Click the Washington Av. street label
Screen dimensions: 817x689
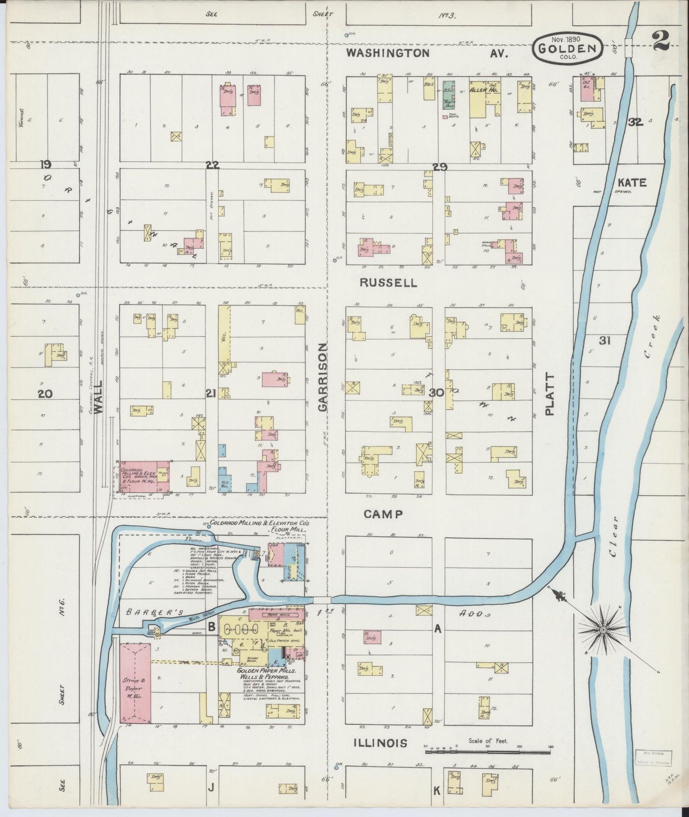pos(426,53)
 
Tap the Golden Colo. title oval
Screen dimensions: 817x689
pos(567,48)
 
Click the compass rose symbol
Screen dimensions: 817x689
pos(603,630)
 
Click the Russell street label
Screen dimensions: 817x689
pos(388,282)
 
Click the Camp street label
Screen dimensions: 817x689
pos(383,514)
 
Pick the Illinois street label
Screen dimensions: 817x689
pos(380,743)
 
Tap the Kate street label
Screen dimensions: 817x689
pos(632,183)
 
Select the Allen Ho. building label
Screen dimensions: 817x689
pos(484,89)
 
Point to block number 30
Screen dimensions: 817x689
pos(436,393)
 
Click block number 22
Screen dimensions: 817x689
pos(212,165)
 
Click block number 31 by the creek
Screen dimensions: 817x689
pos(605,340)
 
